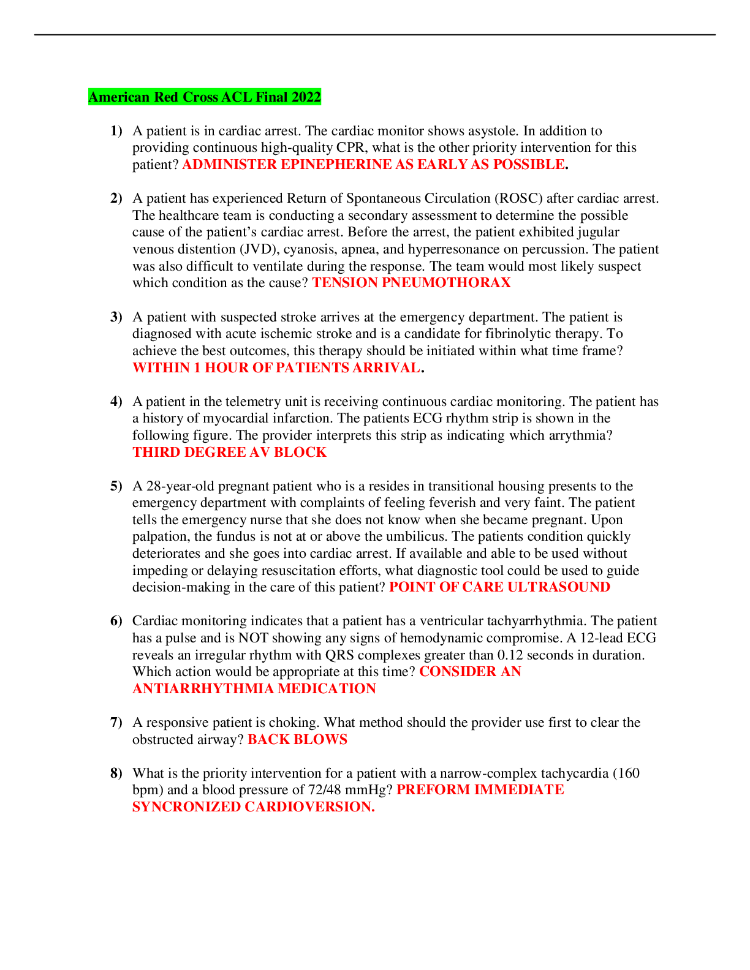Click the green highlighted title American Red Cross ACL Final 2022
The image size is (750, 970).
pos(205,97)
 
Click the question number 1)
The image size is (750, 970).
pos(116,131)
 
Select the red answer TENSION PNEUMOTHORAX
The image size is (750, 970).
pos(411,283)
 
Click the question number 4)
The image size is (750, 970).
pos(116,402)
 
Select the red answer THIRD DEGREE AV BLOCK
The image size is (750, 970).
pos(229,453)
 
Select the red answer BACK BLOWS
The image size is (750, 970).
pos(297,740)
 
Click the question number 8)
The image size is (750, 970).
pos(116,773)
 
